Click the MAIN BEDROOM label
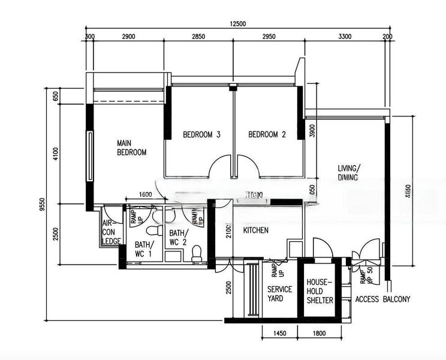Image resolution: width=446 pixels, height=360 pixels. coord(131,148)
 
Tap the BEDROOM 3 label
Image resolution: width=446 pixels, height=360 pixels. coord(201,135)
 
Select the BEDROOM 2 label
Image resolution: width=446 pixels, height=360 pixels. coord(267,135)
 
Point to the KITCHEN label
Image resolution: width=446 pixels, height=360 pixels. coord(255,230)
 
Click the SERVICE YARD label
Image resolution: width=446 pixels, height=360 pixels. coord(279,294)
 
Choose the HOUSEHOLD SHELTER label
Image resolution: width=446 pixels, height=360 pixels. coord(320,290)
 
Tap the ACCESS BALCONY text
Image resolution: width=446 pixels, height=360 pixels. coord(382,299)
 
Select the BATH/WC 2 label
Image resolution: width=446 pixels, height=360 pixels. coord(179,238)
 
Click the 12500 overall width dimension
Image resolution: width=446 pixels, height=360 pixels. coord(237,24)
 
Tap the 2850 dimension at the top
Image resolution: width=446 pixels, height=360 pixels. coord(198,37)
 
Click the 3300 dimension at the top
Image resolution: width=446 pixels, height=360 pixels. coord(345,37)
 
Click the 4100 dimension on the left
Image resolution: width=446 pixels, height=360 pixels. coord(55,154)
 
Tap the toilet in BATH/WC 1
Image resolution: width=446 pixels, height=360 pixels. coord(153,230)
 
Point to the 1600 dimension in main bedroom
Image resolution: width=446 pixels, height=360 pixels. coord(144,194)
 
